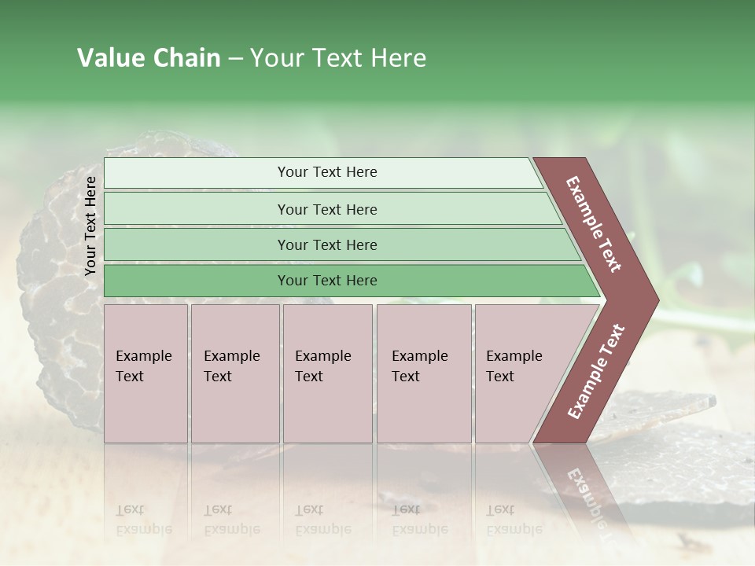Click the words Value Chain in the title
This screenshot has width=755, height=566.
(149, 58)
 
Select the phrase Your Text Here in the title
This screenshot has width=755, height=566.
(338, 58)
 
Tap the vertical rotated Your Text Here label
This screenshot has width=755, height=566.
(90, 226)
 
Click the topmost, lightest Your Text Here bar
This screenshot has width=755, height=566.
(326, 172)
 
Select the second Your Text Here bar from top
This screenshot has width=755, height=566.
(326, 209)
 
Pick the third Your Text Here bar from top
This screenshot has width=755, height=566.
(326, 244)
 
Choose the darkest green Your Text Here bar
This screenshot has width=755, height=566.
(326, 281)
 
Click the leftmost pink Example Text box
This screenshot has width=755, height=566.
(145, 373)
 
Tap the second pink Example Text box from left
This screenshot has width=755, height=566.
(235, 373)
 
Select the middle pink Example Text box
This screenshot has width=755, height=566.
(327, 373)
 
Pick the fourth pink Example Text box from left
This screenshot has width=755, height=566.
(424, 373)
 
